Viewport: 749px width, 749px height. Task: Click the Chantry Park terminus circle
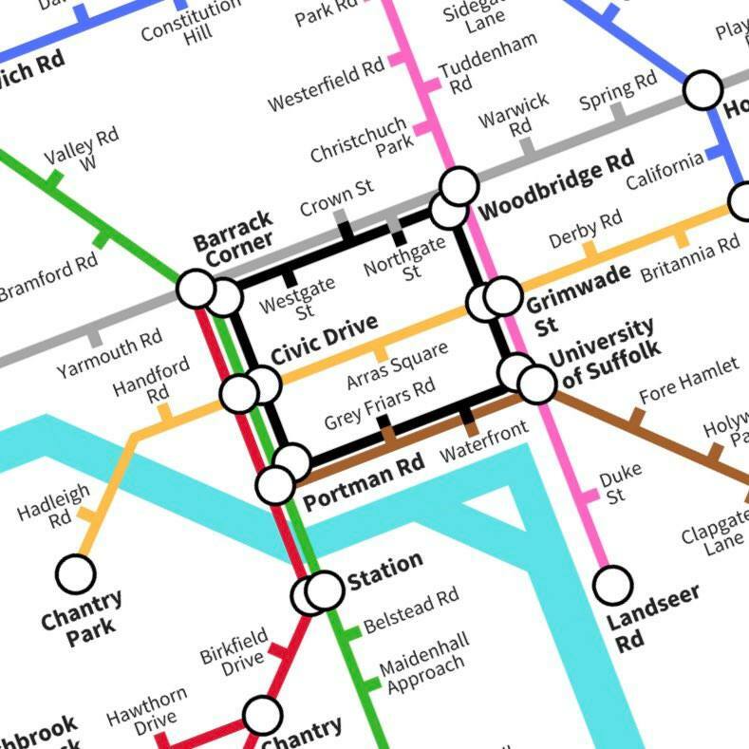pos(76,573)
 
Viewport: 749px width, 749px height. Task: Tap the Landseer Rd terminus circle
pos(613,584)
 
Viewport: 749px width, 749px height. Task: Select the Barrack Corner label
pos(233,237)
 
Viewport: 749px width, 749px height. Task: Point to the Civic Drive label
pos(324,340)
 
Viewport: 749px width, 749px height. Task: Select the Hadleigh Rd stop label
pos(54,505)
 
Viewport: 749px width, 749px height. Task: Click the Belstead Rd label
pos(411,610)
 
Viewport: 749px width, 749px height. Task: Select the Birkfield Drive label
pos(234,651)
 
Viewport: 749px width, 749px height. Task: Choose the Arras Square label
pos(396,365)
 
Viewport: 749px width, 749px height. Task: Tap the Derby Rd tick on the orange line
pos(590,253)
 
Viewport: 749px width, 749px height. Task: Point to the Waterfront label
pos(483,441)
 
